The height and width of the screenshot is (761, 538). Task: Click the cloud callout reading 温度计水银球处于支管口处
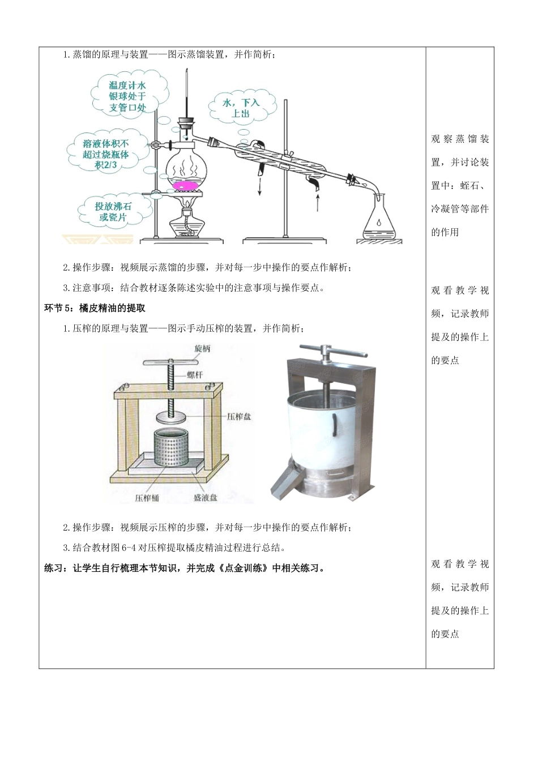127,96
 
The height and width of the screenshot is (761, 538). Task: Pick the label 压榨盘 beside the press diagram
238,416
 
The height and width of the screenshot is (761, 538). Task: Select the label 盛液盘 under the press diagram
205,498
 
